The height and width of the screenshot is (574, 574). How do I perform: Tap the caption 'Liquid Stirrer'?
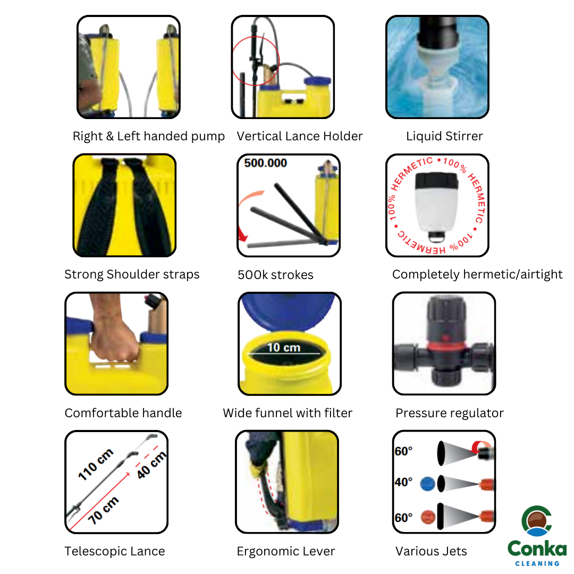click(x=444, y=136)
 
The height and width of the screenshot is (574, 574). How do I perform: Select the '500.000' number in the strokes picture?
click(x=266, y=163)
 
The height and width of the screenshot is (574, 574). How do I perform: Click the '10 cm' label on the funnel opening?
click(x=283, y=348)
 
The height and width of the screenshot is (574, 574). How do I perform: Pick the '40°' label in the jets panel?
click(x=403, y=482)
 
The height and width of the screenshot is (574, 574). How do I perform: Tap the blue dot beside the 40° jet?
click(x=427, y=484)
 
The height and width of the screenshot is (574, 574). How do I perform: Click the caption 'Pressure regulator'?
click(x=449, y=413)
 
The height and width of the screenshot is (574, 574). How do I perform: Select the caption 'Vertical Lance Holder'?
click(x=300, y=136)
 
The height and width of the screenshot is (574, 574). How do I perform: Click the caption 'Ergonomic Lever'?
click(x=285, y=551)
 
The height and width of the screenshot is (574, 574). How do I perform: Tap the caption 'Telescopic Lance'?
click(x=115, y=551)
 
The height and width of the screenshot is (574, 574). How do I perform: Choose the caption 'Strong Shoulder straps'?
click(x=132, y=274)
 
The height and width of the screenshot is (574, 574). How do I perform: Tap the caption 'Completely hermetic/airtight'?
click(x=477, y=274)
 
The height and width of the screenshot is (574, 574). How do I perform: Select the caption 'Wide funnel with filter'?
click(x=288, y=413)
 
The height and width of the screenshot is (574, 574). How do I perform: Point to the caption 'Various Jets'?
click(x=431, y=551)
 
